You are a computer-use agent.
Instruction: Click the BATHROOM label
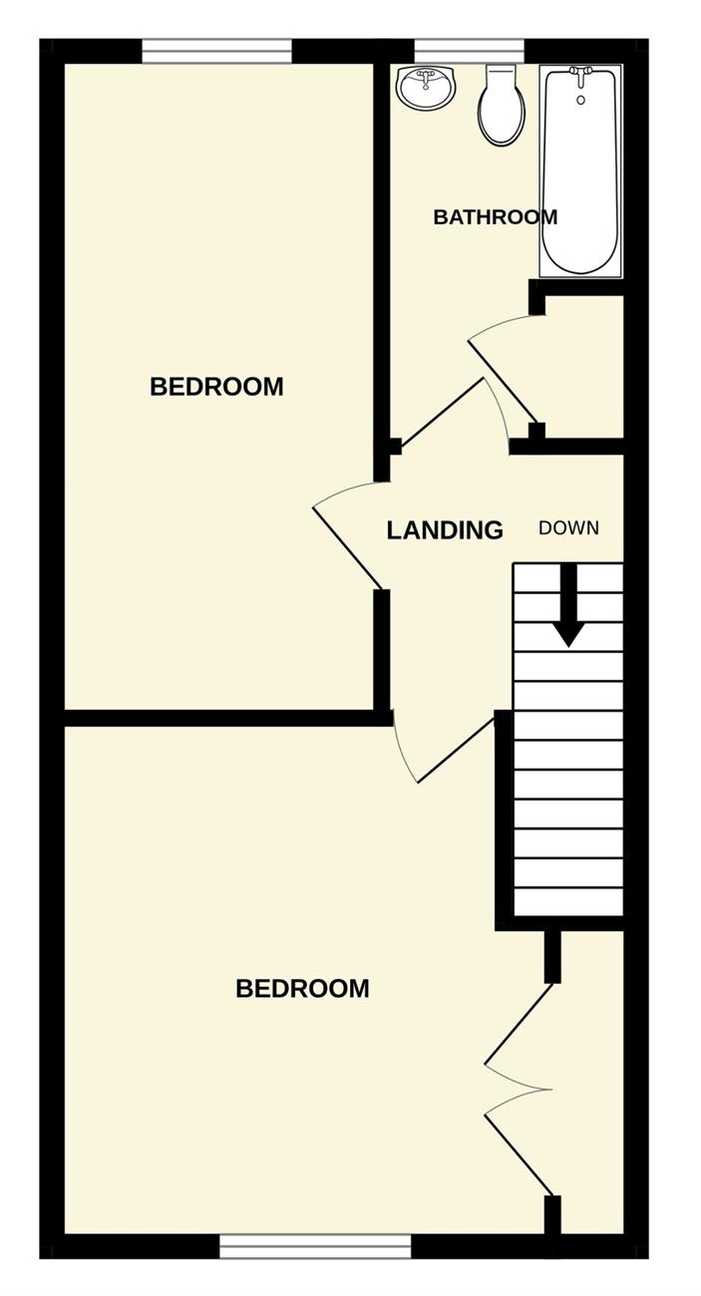point(495,217)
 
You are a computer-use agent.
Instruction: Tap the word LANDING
point(445,530)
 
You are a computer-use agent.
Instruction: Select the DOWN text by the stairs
point(568,527)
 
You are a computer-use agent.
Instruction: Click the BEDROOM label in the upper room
point(216,387)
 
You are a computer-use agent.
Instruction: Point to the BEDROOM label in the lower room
point(302,989)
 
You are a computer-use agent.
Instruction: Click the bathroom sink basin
point(427,88)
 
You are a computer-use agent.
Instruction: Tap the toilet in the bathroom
point(502,105)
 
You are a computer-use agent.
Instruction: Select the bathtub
point(580,170)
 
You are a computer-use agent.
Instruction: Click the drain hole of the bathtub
point(581,100)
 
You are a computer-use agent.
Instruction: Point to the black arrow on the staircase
point(569,604)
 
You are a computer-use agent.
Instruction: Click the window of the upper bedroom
point(216,51)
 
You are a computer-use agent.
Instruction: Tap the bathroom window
point(470,51)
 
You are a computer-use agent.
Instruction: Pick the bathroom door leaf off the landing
point(443,412)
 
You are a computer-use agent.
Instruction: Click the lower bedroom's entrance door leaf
point(456,750)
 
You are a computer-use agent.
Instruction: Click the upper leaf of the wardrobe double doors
point(519,1024)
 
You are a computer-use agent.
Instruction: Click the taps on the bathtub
point(580,74)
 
